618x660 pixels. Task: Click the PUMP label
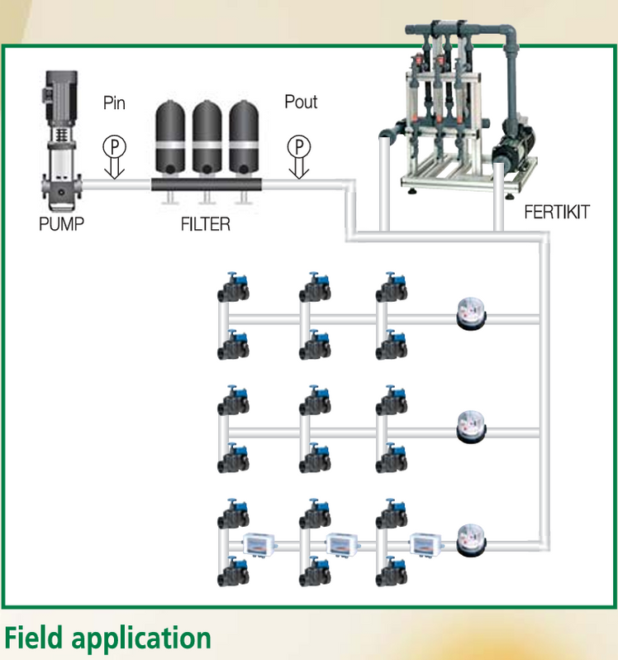(x=62, y=223)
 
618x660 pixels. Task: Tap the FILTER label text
(x=205, y=224)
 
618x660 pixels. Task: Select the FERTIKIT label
(x=557, y=212)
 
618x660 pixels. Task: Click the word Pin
(x=115, y=103)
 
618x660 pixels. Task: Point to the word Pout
(x=301, y=102)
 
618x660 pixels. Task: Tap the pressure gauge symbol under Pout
(x=298, y=146)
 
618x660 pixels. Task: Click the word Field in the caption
(x=36, y=638)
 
